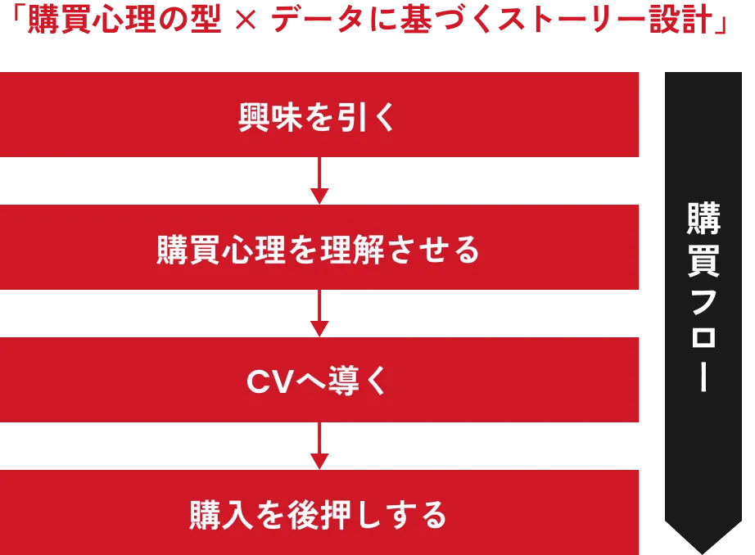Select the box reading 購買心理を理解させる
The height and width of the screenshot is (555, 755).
click(x=320, y=247)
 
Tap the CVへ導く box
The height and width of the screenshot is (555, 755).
click(x=320, y=380)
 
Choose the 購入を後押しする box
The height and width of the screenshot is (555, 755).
click(x=320, y=512)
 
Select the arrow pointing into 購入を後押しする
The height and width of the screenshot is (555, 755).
click(x=320, y=446)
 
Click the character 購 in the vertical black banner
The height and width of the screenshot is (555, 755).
click(x=703, y=219)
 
